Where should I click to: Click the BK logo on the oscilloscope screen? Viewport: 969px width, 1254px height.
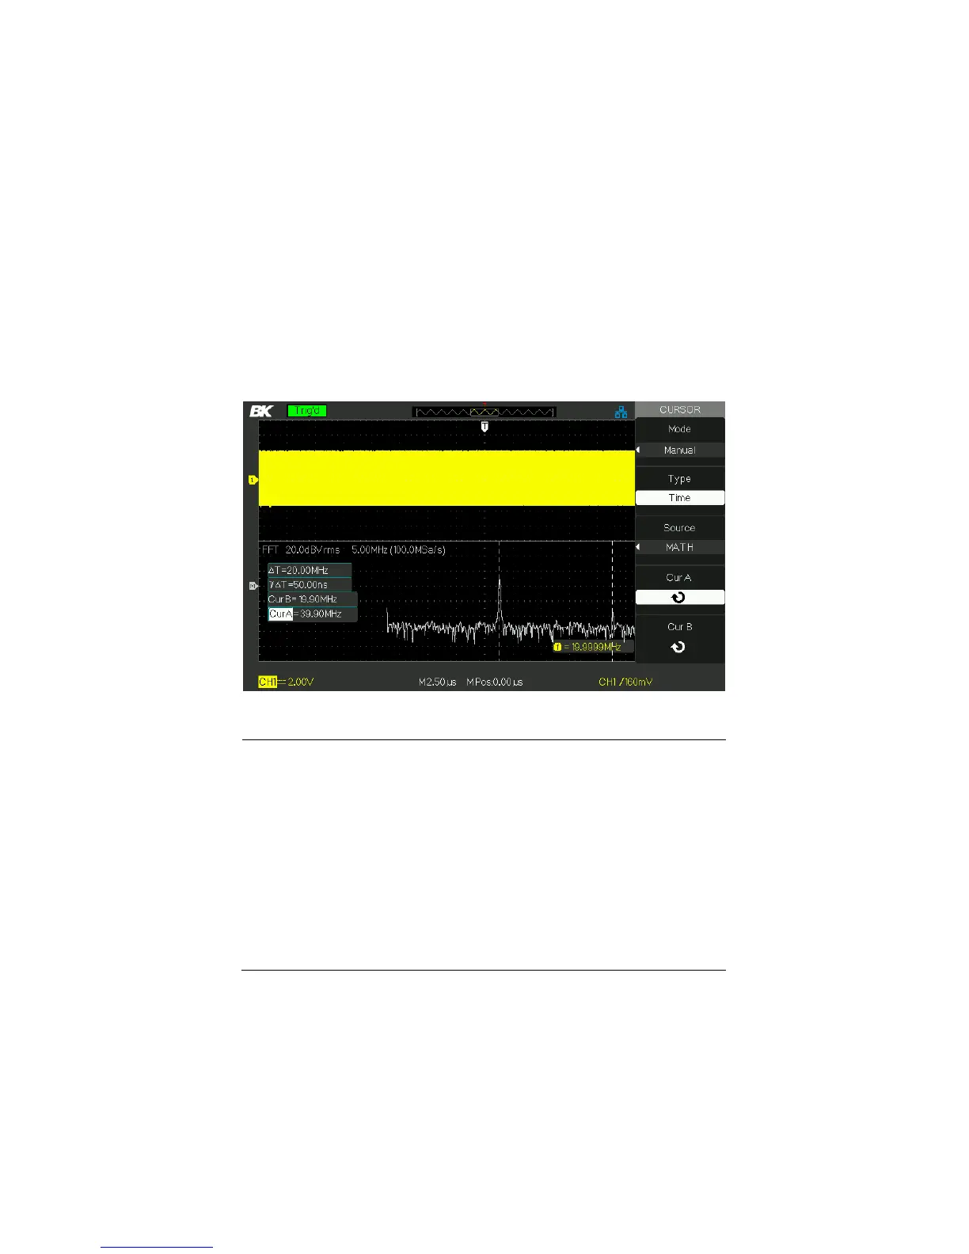tap(261, 411)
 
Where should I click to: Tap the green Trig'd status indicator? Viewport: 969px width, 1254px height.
tap(307, 411)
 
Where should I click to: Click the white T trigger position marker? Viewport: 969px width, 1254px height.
tap(484, 427)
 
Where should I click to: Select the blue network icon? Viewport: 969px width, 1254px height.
tap(621, 412)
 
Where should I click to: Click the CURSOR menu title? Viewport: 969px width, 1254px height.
tap(679, 409)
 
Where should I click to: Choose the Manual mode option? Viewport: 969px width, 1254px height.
tap(679, 450)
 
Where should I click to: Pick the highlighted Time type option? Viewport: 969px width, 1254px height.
tap(679, 498)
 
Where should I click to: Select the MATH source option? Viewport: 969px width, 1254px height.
tap(679, 547)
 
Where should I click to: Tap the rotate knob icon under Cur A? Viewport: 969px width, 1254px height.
tap(678, 598)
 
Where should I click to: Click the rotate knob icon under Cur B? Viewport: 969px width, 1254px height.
tap(678, 647)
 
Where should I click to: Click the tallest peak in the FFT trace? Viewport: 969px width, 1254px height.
tap(499, 581)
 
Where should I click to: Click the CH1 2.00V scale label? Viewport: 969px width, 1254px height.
tap(287, 682)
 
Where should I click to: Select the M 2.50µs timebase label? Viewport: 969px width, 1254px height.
tap(437, 682)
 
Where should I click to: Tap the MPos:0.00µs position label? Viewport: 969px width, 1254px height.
tap(495, 682)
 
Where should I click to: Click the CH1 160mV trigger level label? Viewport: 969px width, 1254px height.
tap(625, 682)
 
